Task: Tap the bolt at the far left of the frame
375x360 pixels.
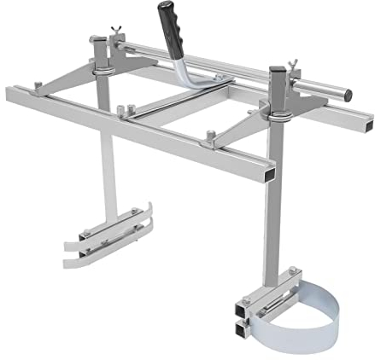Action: click(x=38, y=84)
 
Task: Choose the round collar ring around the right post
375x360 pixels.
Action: click(x=278, y=108)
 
